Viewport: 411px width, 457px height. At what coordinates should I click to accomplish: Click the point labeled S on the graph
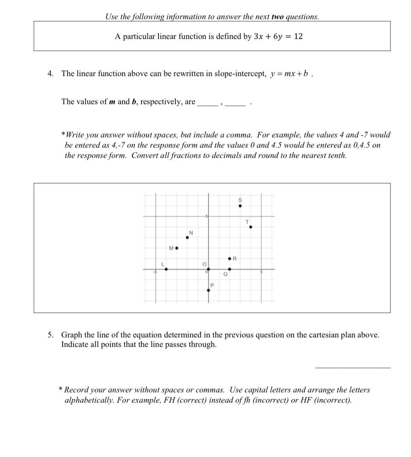pyautogui.click(x=240, y=206)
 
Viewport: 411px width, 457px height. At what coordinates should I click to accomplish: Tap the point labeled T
pyautogui.click(x=251, y=227)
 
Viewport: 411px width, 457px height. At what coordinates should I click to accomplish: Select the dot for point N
pyautogui.click(x=187, y=238)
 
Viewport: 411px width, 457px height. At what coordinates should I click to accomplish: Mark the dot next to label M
pyautogui.click(x=177, y=248)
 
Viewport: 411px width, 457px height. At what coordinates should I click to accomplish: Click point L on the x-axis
pyautogui.click(x=166, y=269)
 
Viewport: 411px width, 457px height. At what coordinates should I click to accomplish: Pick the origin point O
pyautogui.click(x=208, y=269)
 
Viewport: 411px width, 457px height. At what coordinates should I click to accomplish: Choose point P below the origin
pyautogui.click(x=209, y=290)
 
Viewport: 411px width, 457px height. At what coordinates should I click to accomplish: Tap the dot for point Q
pyautogui.click(x=230, y=269)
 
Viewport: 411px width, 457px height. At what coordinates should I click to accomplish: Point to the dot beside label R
pyautogui.click(x=230, y=259)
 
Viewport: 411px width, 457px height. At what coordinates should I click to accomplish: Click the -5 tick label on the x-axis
pyautogui.click(x=155, y=272)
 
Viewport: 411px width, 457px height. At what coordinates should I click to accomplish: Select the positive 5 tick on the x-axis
pyautogui.click(x=261, y=272)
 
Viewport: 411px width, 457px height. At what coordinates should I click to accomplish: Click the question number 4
pyautogui.click(x=50, y=74)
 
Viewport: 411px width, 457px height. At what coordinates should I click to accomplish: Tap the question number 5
pyautogui.click(x=50, y=335)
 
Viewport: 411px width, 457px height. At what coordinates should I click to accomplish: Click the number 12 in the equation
pyautogui.click(x=298, y=36)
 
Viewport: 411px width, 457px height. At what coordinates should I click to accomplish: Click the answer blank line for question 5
pyautogui.click(x=353, y=367)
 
